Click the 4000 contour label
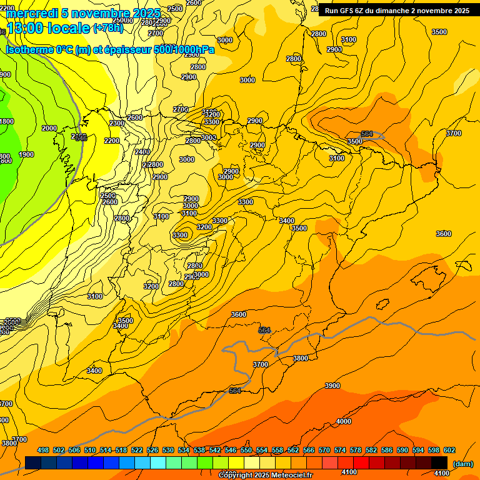(344, 421)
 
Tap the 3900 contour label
(332, 386)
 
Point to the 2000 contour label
(49, 128)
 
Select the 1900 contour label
(26, 154)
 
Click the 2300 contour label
(117, 123)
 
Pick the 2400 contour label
(142, 152)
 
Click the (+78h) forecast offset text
(108, 28)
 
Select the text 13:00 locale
(48, 28)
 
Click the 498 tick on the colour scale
(43, 450)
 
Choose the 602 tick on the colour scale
(449, 450)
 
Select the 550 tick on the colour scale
(246, 450)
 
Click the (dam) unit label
(462, 464)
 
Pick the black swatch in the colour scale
(439, 463)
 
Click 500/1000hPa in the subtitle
(184, 49)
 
